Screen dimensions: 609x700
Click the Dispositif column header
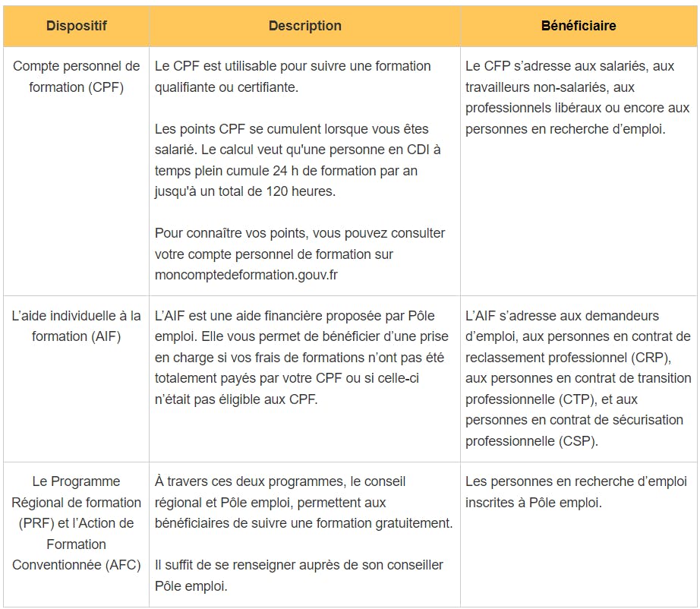point(76,26)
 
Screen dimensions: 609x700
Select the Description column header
point(304,26)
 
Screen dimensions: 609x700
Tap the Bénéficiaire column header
point(579,26)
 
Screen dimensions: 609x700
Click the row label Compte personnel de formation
point(76,77)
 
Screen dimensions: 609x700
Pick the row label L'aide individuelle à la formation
point(76,326)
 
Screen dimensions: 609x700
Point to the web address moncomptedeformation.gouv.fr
point(246,275)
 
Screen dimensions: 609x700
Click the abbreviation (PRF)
point(31,523)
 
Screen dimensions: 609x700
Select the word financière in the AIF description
point(301,316)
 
